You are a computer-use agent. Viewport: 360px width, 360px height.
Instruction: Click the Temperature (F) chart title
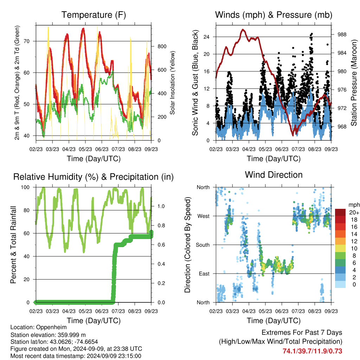(94, 15)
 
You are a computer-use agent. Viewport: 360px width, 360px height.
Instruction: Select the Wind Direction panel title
(274, 175)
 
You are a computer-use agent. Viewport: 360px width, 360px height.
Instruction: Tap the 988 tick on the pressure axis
(342, 34)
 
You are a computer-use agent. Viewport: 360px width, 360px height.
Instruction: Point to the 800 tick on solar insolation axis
(162, 46)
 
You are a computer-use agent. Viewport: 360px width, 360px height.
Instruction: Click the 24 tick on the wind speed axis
(206, 37)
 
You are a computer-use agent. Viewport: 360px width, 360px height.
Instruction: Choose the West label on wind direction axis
(204, 216)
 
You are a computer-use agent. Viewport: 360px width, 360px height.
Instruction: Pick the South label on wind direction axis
(203, 245)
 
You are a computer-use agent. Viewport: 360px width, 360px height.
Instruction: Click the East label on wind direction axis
(204, 274)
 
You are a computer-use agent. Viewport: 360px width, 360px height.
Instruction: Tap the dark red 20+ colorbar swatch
(340, 212)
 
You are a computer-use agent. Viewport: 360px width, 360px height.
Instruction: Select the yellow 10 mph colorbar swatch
(340, 249)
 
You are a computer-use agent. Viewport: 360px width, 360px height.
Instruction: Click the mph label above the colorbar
(354, 205)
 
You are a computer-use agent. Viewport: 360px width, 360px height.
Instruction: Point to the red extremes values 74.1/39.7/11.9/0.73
(312, 351)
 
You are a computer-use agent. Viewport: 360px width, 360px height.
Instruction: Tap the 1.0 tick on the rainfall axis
(161, 206)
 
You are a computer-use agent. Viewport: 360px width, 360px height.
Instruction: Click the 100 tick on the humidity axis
(25, 187)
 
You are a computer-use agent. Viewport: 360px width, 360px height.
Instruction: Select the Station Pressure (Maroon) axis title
(354, 83)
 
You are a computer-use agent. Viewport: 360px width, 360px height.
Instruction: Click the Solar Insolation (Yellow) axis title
(172, 83)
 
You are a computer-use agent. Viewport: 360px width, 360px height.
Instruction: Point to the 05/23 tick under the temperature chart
(85, 149)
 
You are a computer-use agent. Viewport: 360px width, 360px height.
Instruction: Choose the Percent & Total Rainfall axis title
(13, 245)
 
